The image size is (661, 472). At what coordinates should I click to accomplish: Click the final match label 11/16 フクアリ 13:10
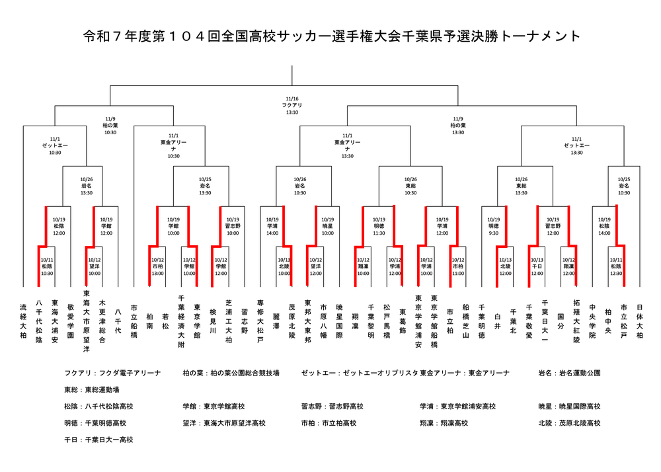(292, 105)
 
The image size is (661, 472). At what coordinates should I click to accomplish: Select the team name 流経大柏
(24, 321)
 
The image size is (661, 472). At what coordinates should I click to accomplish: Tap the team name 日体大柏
(639, 321)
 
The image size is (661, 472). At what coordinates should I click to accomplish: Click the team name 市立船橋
(134, 321)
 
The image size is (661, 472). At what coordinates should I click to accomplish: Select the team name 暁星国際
(339, 321)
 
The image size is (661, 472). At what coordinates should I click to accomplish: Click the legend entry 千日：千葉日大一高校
(98, 440)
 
